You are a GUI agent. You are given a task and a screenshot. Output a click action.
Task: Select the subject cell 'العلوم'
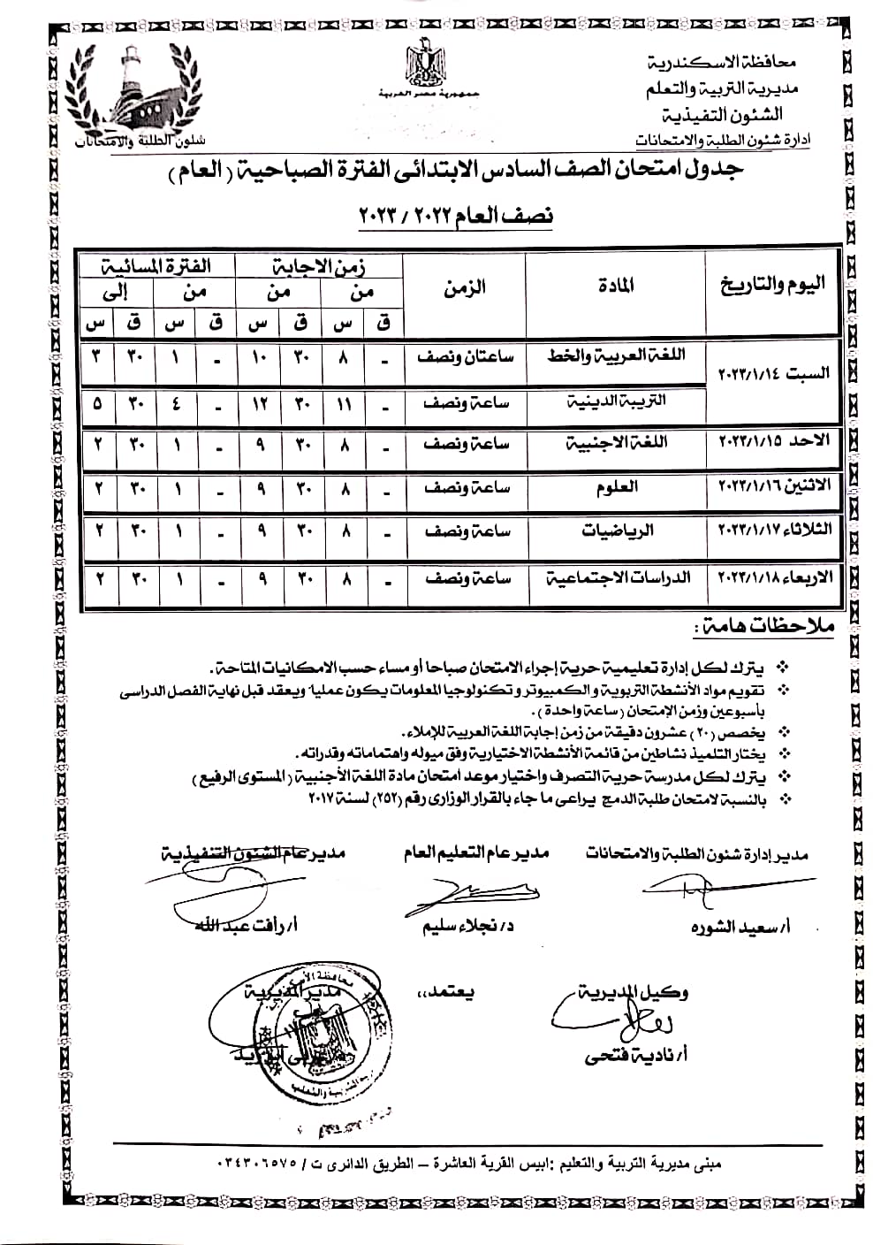click(x=618, y=487)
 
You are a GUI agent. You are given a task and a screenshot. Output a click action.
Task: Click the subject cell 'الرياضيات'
click(x=618, y=531)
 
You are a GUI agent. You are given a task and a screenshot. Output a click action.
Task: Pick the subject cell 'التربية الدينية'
click(x=618, y=402)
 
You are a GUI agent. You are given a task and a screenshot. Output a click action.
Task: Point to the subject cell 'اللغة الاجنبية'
click(x=618, y=444)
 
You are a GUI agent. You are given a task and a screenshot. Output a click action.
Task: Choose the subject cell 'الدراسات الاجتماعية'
click(x=618, y=578)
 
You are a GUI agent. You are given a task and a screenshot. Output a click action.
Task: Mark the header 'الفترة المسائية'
click(x=156, y=265)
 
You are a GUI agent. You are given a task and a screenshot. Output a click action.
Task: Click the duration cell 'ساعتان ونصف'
click(x=466, y=357)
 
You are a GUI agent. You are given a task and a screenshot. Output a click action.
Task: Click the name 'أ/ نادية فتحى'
click(x=635, y=1055)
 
